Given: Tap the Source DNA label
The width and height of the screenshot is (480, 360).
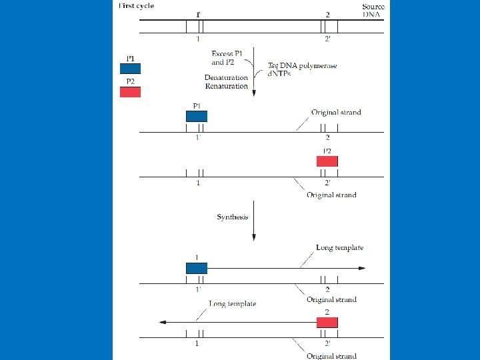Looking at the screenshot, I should tap(373, 10).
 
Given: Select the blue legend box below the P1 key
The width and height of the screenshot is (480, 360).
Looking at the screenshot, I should tap(130, 68).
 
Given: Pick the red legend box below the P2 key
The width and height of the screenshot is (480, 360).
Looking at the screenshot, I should tap(130, 92).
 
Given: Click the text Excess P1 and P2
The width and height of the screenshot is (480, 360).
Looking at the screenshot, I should tap(227, 57).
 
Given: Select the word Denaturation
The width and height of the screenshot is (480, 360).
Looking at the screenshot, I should tap(226, 78).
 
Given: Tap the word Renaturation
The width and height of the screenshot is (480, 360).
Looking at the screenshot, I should tap(226, 87).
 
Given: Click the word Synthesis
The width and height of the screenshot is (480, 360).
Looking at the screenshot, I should tap(233, 217).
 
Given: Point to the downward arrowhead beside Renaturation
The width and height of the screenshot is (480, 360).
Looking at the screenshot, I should tap(253, 94).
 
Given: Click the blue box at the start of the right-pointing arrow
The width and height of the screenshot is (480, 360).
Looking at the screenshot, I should tap(197, 268).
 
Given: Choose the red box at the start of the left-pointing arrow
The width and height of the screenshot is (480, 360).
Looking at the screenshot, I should tap(327, 323).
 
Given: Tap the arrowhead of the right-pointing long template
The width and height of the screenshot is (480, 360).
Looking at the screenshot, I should tap(362, 268).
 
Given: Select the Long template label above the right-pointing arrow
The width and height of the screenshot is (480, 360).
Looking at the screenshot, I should tap(339, 248).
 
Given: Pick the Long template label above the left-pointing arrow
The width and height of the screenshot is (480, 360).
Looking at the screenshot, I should tap(233, 304).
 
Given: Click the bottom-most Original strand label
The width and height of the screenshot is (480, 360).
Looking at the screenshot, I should tap(331, 356).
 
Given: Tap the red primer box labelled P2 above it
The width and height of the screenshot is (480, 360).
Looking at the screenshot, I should tap(327, 161).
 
